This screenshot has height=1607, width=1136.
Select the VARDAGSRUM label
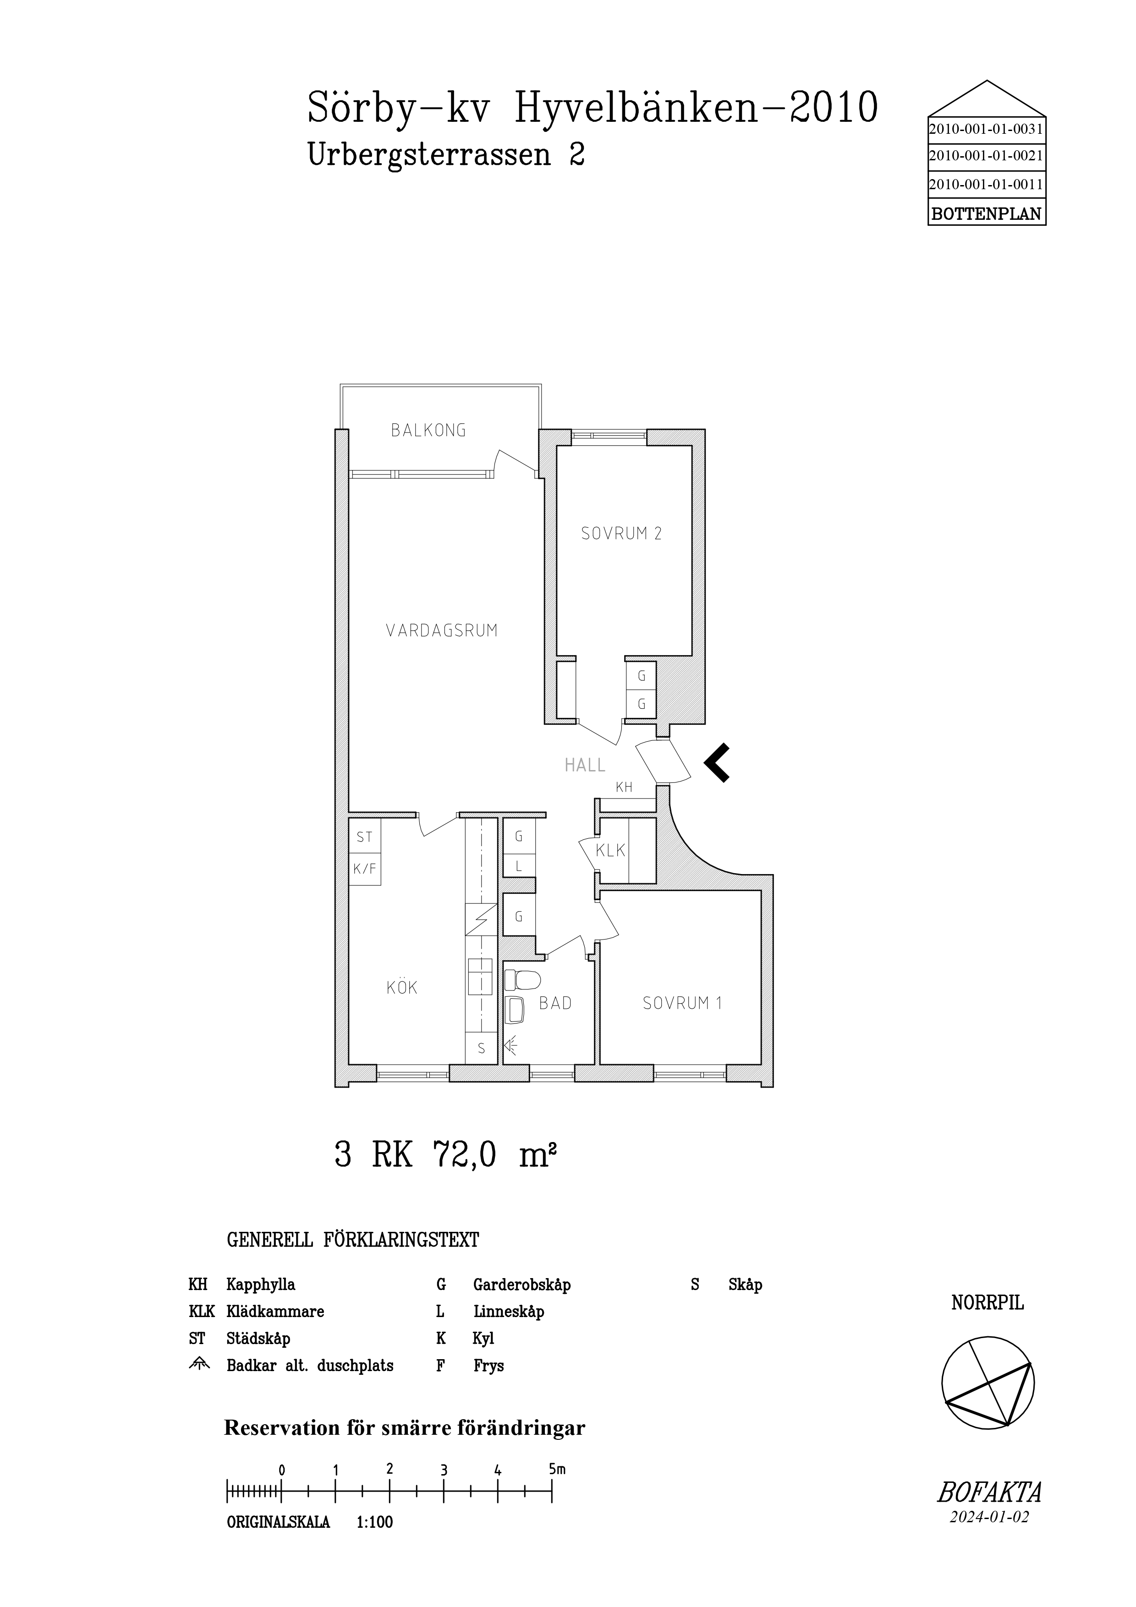pos(442,631)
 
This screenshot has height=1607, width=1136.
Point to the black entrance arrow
pos(717,762)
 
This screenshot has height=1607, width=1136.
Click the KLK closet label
pos(610,851)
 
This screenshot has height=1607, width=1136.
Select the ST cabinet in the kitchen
pos(365,836)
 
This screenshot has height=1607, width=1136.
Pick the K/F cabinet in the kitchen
pos(365,869)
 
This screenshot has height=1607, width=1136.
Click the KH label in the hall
pos(624,787)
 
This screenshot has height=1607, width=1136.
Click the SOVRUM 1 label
pos(682,1003)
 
